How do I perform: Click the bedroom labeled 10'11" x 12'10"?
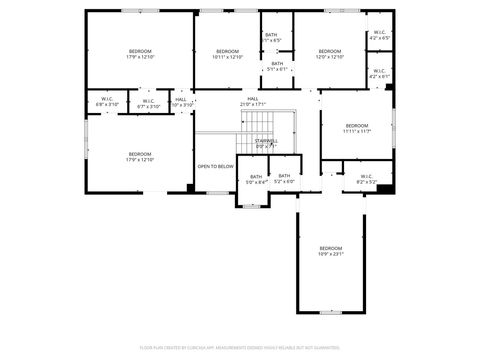coord(228,54)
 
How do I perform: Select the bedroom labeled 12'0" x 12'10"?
coord(330,54)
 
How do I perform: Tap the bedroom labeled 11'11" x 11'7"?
coord(357,128)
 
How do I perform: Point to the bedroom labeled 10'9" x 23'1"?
coord(331,251)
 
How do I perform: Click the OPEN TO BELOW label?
coord(215,166)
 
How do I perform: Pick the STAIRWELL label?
coord(266,143)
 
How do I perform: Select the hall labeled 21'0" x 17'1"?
coord(253,101)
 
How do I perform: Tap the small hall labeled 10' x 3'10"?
coord(181,102)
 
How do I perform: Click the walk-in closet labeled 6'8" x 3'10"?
coord(108,102)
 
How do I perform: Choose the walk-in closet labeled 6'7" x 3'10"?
coord(147,102)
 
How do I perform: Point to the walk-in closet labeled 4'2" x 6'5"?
coord(380,35)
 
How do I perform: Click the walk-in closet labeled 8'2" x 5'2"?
coord(366,179)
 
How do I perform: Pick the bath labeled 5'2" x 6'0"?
coord(285,179)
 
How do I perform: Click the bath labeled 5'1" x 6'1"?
coord(277,66)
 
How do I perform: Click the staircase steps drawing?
coord(259,124)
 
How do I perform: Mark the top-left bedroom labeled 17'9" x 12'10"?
coord(139,54)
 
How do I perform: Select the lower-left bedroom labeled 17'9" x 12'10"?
coord(139,157)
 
